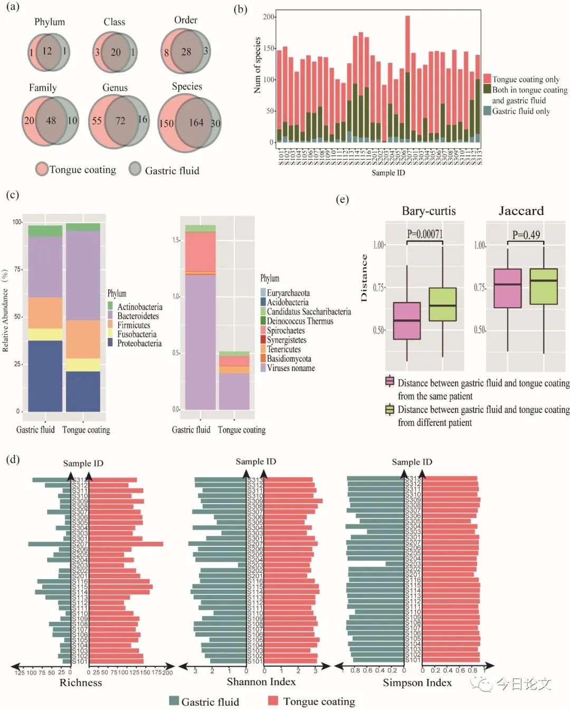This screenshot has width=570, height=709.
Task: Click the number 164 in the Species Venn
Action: (x=196, y=122)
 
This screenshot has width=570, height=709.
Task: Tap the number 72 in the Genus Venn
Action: (x=120, y=120)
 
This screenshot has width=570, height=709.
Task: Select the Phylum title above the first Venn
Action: (x=50, y=22)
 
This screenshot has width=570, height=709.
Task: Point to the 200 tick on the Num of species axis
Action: (x=269, y=17)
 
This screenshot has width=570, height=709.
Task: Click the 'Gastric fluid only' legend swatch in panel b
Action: (x=487, y=111)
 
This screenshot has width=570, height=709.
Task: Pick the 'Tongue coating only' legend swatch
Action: (x=487, y=79)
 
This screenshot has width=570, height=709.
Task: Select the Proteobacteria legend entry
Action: (x=139, y=343)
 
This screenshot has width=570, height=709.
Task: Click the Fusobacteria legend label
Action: (x=137, y=334)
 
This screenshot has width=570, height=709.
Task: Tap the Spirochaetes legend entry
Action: (x=286, y=330)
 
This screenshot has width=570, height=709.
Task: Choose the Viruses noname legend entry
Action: (x=290, y=368)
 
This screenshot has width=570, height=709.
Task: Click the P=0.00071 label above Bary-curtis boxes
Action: (x=425, y=234)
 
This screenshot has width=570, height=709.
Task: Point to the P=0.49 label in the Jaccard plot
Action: (x=526, y=235)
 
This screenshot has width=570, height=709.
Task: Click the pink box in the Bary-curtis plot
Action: (x=407, y=320)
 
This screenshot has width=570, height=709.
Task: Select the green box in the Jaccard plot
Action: (x=544, y=286)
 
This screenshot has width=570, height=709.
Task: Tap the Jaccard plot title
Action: (x=521, y=211)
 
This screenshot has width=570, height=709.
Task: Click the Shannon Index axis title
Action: (x=261, y=682)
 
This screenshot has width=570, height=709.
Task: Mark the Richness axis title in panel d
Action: (x=81, y=683)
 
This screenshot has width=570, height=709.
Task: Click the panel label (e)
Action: (x=343, y=200)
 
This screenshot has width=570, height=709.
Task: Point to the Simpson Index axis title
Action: (x=417, y=683)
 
